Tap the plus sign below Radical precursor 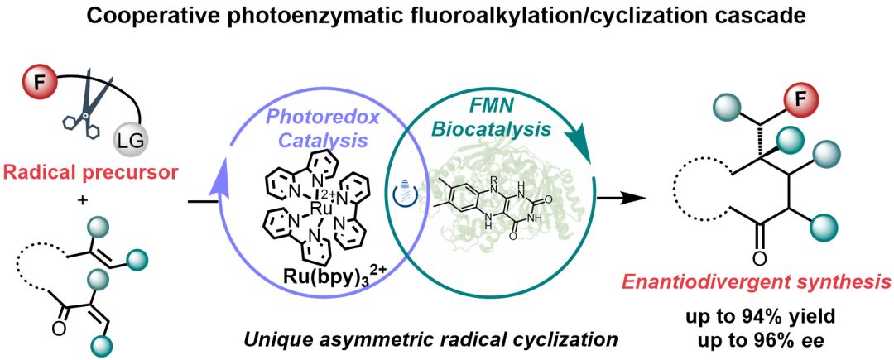click(84, 199)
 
